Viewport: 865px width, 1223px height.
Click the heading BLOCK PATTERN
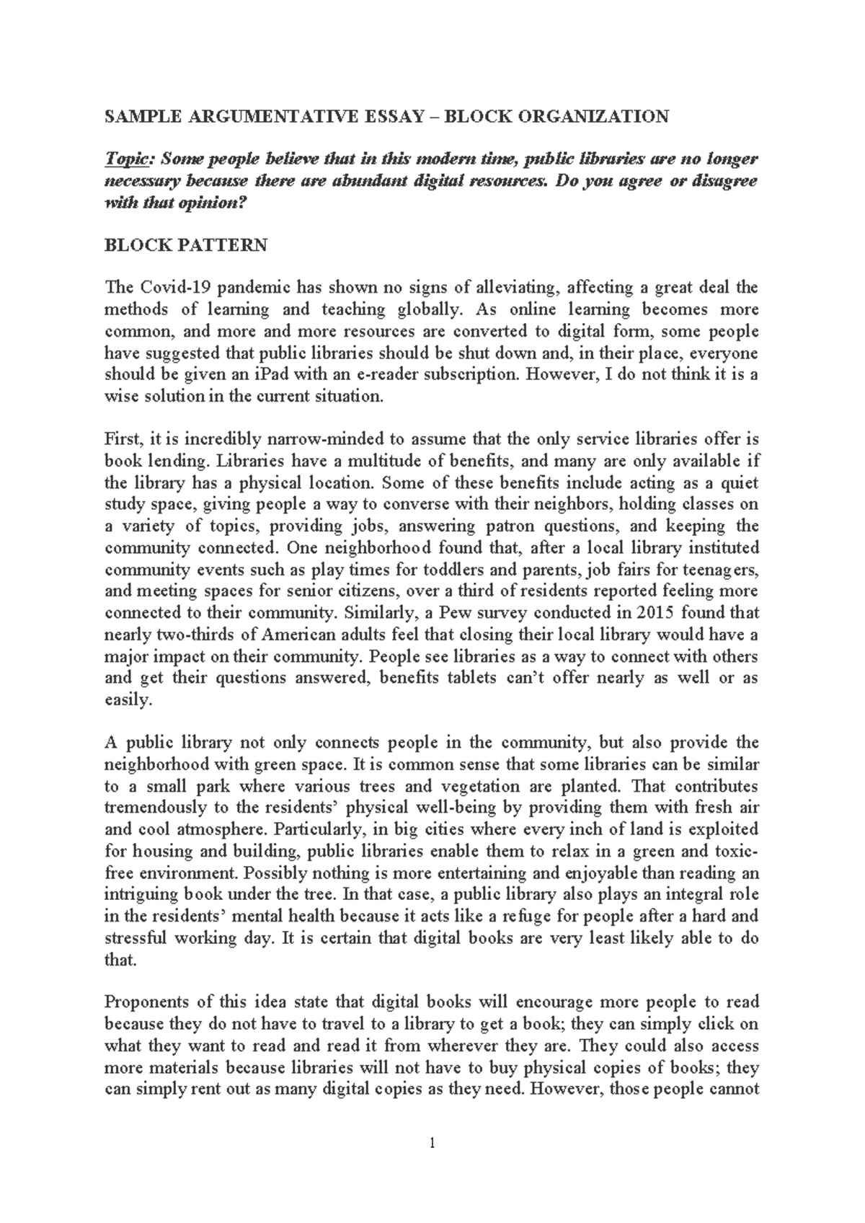tap(186, 245)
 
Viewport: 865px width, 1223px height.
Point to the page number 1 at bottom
tap(432, 1142)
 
